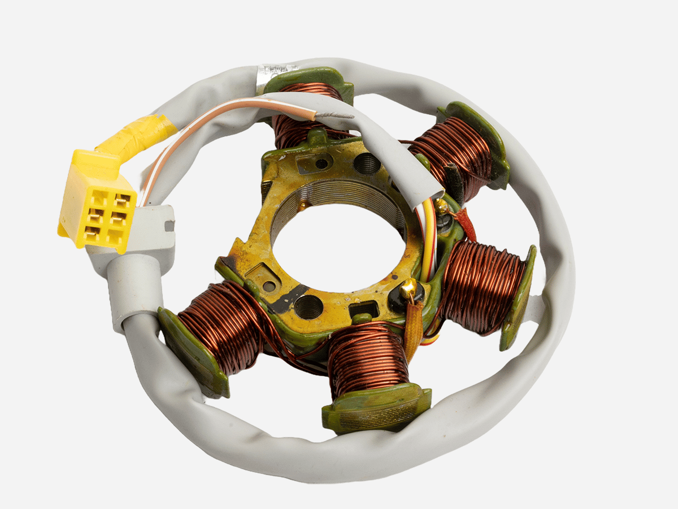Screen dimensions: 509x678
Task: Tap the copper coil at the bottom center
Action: [x=368, y=359]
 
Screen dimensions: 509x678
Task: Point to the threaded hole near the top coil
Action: [x=367, y=164]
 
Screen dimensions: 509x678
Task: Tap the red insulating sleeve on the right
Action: [x=466, y=224]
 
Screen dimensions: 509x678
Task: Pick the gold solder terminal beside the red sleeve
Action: [x=441, y=206]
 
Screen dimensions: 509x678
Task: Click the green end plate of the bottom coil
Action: [x=376, y=410]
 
